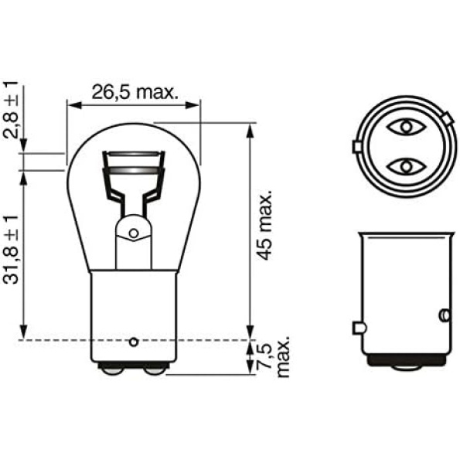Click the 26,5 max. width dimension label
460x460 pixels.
[135, 92]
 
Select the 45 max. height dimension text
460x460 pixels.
[266, 225]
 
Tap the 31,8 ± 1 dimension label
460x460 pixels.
[11, 250]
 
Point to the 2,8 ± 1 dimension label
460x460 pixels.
[11, 110]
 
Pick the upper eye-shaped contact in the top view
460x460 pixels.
[406, 127]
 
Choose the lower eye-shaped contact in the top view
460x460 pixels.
[406, 167]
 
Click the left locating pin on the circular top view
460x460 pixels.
[356, 146]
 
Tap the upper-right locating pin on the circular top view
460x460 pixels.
[447, 118]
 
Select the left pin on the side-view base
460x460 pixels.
[359, 328]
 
